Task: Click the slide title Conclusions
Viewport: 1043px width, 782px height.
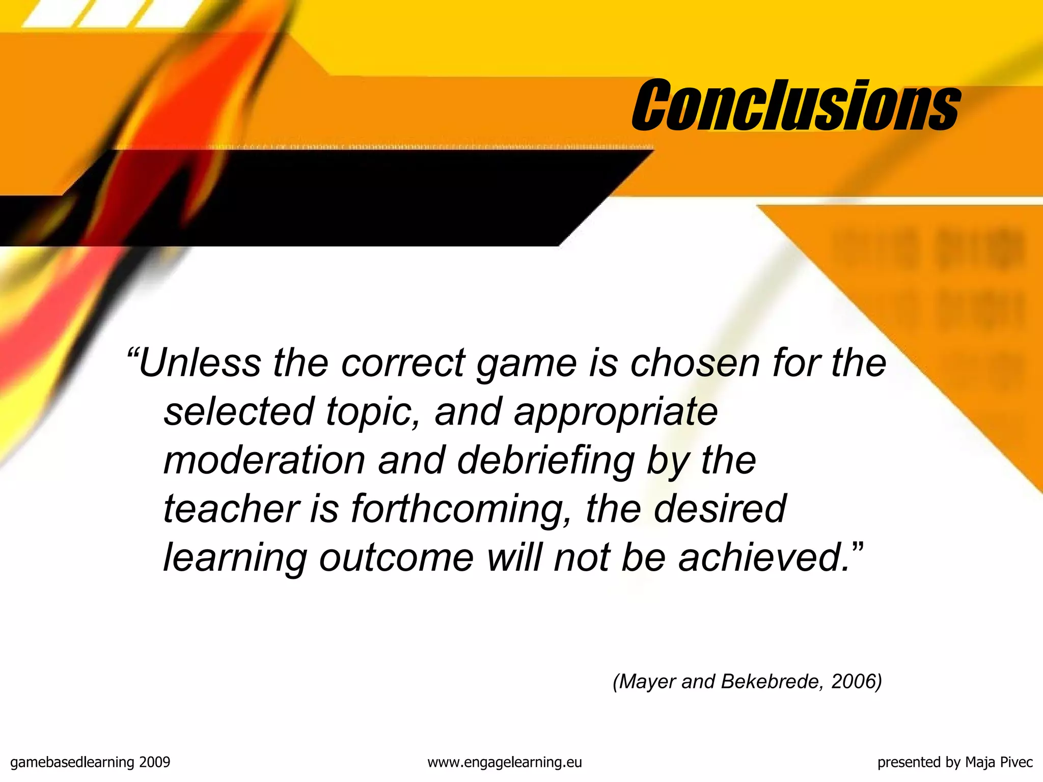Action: coord(795,105)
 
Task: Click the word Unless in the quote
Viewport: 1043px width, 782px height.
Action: coord(199,363)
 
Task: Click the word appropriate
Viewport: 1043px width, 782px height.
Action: coord(616,412)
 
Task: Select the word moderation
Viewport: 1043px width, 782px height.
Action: coord(264,460)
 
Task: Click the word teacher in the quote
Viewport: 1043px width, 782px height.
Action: coord(232,509)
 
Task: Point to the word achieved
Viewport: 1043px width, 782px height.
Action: coord(764,557)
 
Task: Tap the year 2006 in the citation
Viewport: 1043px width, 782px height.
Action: coord(853,681)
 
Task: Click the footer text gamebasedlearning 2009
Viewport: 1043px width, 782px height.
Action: coord(90,762)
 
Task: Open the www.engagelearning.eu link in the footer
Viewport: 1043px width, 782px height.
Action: coord(504,762)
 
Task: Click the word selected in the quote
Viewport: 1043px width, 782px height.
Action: coord(238,411)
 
